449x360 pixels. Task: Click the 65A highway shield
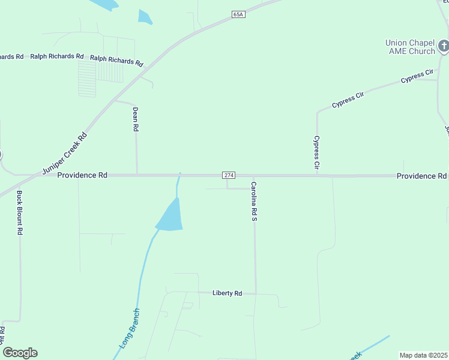click(x=239, y=14)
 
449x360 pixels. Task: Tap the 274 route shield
click(x=228, y=175)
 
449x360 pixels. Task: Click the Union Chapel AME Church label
click(x=410, y=47)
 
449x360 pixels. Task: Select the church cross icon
click(x=443, y=45)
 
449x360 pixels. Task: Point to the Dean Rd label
click(x=136, y=119)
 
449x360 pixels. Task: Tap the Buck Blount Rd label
click(x=20, y=212)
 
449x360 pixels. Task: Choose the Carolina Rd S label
click(x=254, y=201)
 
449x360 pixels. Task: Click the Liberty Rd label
click(x=227, y=293)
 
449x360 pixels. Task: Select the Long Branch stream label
click(x=129, y=329)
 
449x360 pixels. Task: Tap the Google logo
click(x=20, y=353)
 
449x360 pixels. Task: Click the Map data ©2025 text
click(x=423, y=355)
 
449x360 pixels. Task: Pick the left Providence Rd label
click(x=82, y=175)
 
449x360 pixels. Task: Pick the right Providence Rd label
click(x=421, y=176)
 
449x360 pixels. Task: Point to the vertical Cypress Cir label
click(x=316, y=151)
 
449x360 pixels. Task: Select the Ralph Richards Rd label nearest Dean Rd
click(x=117, y=61)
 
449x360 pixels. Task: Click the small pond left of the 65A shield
click(x=145, y=17)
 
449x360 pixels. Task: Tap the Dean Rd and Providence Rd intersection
click(x=137, y=175)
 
